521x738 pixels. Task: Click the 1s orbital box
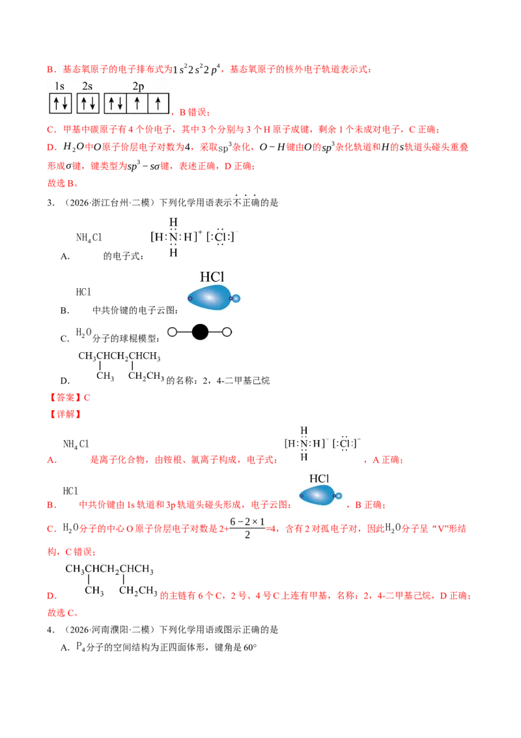coord(60,103)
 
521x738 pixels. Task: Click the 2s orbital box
coord(88,103)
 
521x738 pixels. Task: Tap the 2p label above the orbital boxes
coord(138,86)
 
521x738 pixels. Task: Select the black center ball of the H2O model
coord(200,332)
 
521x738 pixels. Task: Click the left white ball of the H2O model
coord(172,332)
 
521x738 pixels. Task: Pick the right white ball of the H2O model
coord(227,332)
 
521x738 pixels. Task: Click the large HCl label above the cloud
coord(212,276)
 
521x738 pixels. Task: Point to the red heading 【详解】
coord(65,414)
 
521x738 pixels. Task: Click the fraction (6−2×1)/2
coord(247,528)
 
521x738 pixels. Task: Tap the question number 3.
coord(51,203)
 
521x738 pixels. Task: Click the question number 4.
coord(51,630)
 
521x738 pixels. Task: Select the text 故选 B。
coord(63,183)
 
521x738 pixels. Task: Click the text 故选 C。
coord(63,613)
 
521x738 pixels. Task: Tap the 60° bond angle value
coord(250,647)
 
